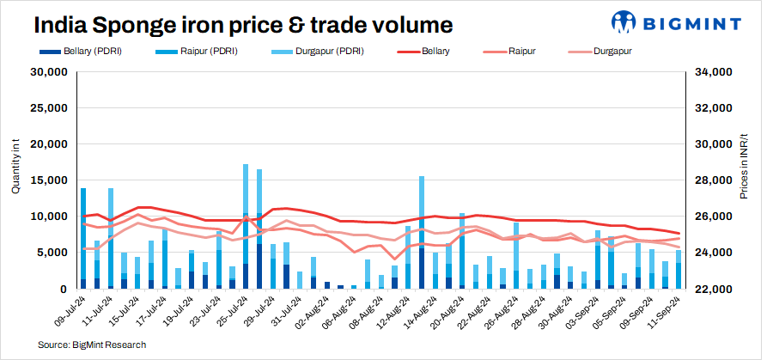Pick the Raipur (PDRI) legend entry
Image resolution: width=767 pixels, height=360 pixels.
point(205,52)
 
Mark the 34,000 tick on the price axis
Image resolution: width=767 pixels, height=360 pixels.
point(715,72)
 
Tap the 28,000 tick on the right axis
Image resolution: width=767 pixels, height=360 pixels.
point(715,180)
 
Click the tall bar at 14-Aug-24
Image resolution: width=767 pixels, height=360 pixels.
point(422,232)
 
